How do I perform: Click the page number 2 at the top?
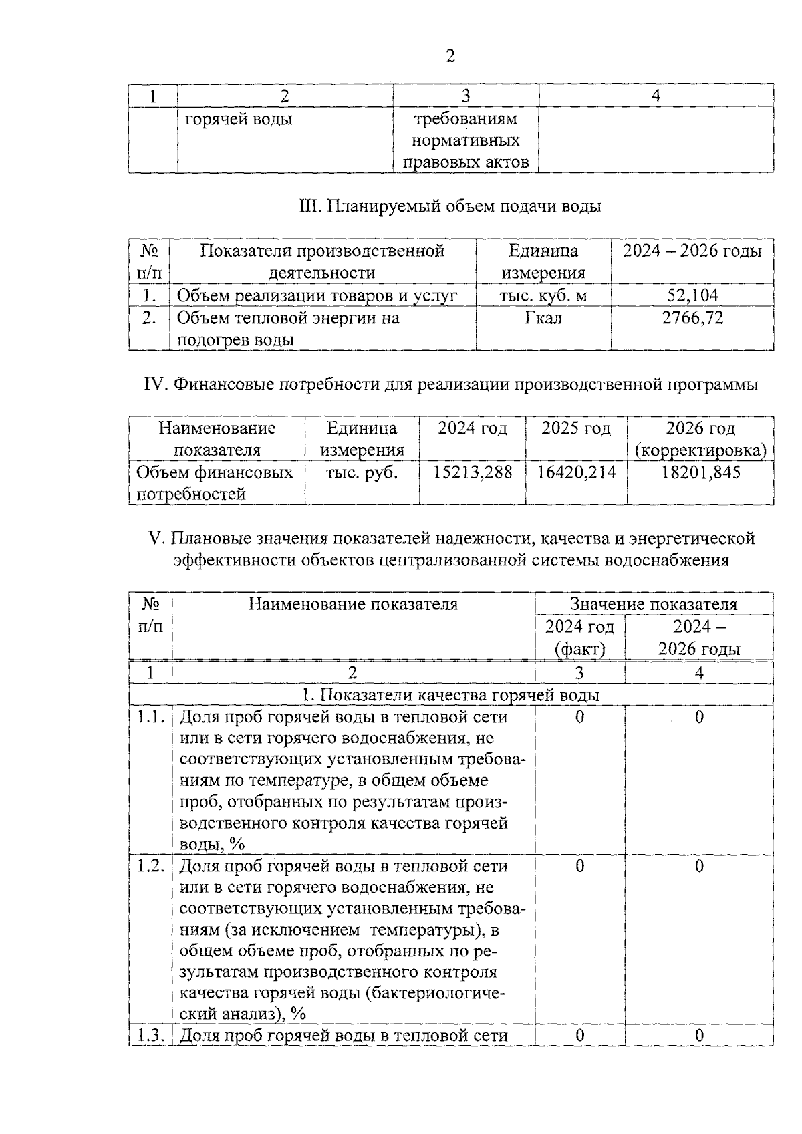[450, 57]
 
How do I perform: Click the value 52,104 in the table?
[692, 295]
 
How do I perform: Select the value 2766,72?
[692, 317]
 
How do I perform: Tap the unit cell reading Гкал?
[543, 317]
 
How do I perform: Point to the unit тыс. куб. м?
[543, 295]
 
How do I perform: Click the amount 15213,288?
[473, 472]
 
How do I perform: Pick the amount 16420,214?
[576, 472]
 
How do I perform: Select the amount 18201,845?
[700, 472]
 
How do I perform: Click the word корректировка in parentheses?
[700, 450]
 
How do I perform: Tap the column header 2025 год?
[576, 428]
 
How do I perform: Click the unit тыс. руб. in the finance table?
[362, 472]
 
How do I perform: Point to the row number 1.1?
[150, 717]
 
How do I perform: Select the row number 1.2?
[150, 866]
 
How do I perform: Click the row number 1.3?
[150, 1036]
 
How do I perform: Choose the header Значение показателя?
[653, 605]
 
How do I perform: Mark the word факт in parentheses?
[579, 649]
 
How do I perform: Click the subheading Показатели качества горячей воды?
[459, 695]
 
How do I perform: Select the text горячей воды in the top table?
[238, 120]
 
